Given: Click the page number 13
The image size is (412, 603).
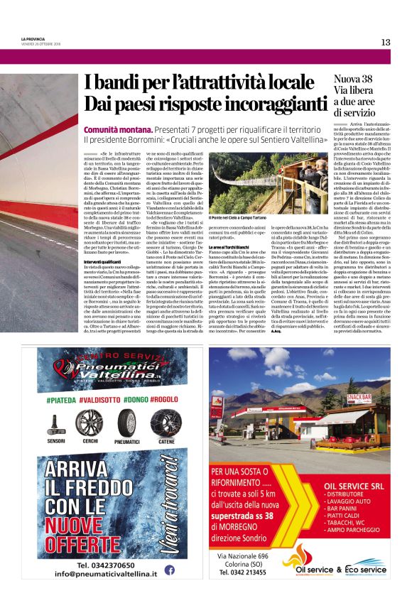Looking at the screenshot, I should tap(385, 42).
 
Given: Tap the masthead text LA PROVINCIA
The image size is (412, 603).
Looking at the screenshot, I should tap(33, 40).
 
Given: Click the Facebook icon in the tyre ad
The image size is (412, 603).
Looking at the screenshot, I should tap(170, 569).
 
